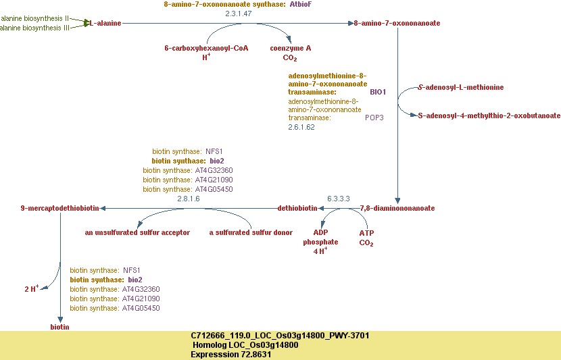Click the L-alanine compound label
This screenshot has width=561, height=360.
click(105, 23)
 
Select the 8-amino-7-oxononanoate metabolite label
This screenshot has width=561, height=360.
click(397, 23)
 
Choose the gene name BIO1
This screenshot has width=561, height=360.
click(377, 92)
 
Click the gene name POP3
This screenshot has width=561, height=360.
click(374, 118)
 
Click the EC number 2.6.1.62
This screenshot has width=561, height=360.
click(301, 127)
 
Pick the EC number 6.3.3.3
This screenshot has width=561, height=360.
click(338, 199)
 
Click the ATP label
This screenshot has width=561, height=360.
click(366, 232)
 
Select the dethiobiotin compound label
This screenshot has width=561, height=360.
click(297, 208)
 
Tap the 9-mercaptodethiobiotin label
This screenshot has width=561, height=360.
click(60, 208)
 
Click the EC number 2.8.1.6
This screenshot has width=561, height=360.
click(188, 199)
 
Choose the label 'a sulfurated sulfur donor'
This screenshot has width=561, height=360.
click(251, 232)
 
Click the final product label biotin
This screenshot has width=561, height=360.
click(59, 327)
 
